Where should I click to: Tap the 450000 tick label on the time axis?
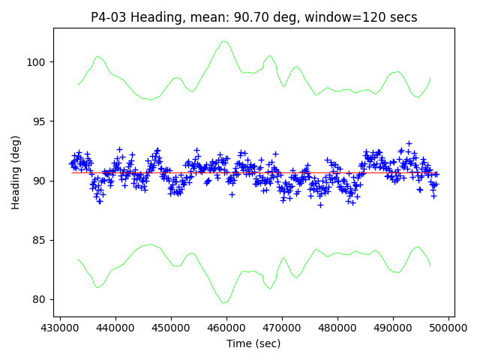click(x=171, y=328)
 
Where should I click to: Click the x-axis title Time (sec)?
click(x=253, y=343)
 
